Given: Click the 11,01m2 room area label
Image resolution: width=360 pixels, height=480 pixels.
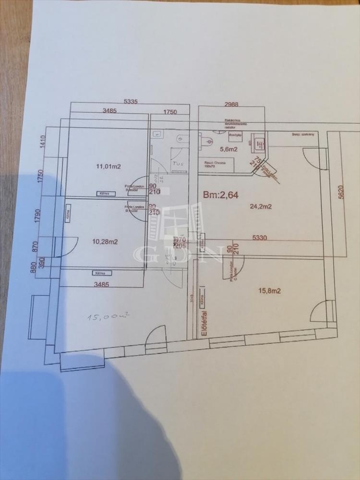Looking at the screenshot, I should [108, 167].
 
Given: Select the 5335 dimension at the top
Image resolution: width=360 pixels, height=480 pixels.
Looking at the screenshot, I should [131, 101].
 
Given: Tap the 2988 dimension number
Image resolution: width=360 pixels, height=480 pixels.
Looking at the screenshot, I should [232, 104].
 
